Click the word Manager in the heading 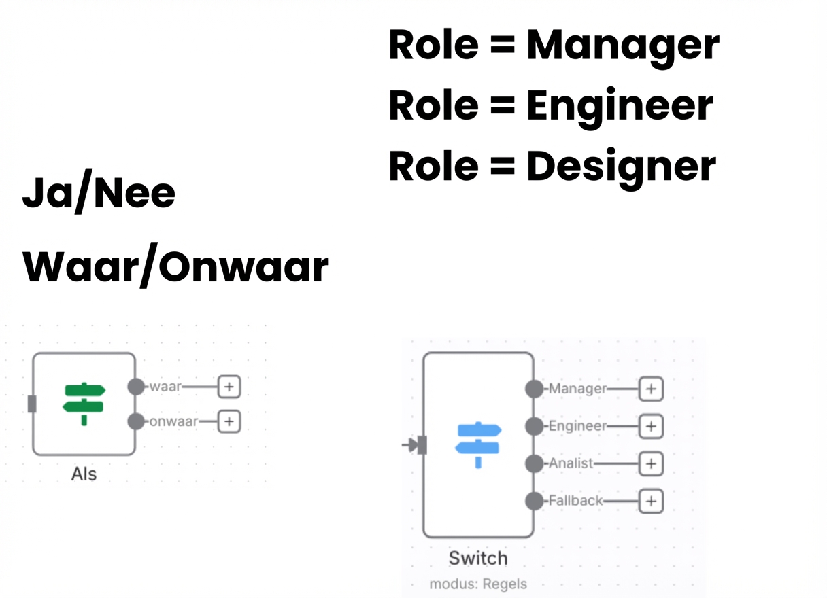point(622,46)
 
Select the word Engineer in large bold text point(620,105)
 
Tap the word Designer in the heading point(621,165)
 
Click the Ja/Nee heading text point(99,194)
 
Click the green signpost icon point(84,404)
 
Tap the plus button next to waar point(229,387)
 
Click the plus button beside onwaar point(229,421)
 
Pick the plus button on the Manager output point(651,389)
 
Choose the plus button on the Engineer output point(651,426)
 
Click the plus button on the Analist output point(651,463)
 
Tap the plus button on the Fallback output point(651,501)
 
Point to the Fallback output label point(575,501)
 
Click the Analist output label point(571,463)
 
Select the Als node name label point(84,474)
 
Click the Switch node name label point(477,559)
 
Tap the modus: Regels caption point(477,584)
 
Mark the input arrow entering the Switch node point(411,445)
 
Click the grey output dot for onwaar point(137,421)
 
